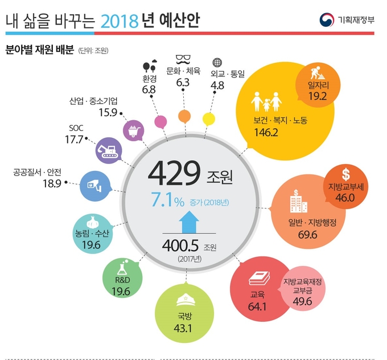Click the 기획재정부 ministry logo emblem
tap(327, 19)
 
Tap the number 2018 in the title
tap(119, 21)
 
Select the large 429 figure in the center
tap(175, 174)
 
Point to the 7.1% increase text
tap(168, 202)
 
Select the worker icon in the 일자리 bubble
tap(316, 73)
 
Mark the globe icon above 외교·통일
tap(216, 62)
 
